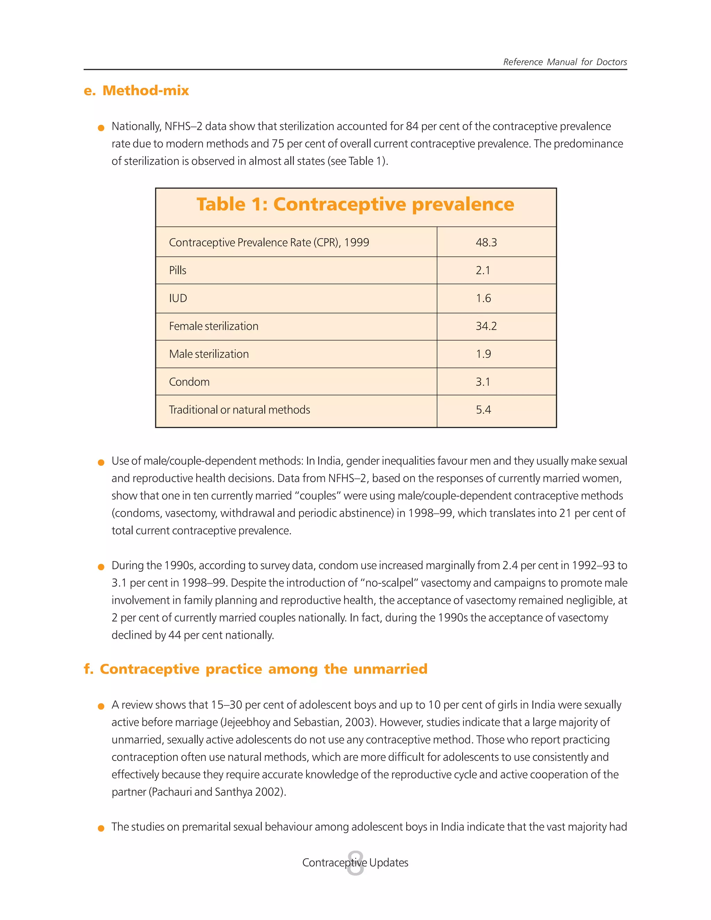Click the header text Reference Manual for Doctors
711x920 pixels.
(564, 62)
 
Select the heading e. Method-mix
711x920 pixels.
(136, 91)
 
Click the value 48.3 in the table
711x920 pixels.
(486, 242)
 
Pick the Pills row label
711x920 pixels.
(177, 270)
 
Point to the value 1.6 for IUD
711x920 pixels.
(483, 298)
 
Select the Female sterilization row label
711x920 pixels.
(214, 326)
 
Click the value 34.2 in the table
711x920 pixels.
(486, 326)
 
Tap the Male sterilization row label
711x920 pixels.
(209, 354)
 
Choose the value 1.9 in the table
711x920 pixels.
(483, 354)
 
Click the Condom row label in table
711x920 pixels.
(189, 382)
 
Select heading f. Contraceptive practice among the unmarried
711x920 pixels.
(255, 669)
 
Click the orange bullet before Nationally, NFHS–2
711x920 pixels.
(101, 128)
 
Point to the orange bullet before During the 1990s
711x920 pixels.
(101, 567)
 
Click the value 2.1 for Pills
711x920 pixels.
(483, 270)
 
